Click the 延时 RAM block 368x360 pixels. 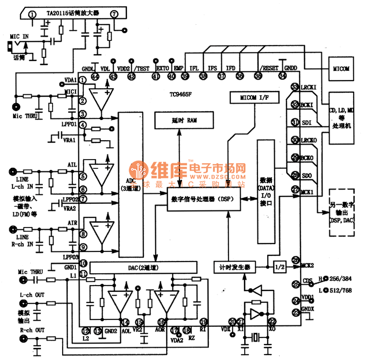pos(179,120)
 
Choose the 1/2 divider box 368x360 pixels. pos(279,267)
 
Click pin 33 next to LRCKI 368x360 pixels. pos(295,87)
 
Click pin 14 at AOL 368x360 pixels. pos(124,322)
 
